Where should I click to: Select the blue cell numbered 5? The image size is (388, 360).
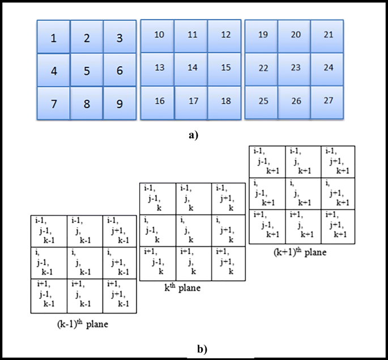pyautogui.click(x=87, y=71)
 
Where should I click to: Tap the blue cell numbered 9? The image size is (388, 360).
pyautogui.click(x=120, y=104)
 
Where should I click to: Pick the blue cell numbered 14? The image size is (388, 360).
pyautogui.click(x=193, y=68)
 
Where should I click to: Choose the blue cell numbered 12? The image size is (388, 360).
pyautogui.click(x=226, y=35)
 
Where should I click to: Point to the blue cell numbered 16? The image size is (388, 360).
pyautogui.click(x=159, y=101)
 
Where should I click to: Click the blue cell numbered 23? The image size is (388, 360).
pyautogui.click(x=295, y=68)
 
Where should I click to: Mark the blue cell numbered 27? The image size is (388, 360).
pyautogui.click(x=328, y=101)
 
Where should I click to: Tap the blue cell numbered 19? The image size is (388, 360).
pyautogui.click(x=262, y=35)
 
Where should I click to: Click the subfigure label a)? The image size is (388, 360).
pyautogui.click(x=194, y=135)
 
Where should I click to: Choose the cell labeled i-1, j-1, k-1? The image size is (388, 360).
pyautogui.click(x=49, y=231)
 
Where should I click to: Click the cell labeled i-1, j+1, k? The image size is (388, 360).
pyautogui.click(x=229, y=199)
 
